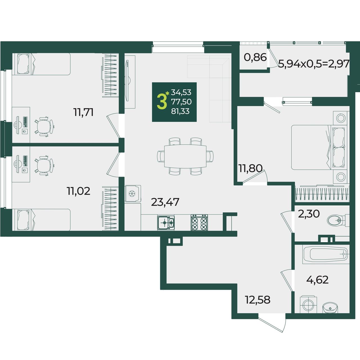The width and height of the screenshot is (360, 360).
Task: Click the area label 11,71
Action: [x=84, y=112]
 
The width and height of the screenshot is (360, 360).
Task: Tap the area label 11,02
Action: [x=78, y=191]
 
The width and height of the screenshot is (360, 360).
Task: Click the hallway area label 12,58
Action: [x=258, y=305]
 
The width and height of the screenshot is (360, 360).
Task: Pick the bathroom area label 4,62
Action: [x=318, y=285]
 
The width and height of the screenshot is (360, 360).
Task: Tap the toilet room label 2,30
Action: [x=309, y=214]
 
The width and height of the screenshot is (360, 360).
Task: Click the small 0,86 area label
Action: [x=255, y=57]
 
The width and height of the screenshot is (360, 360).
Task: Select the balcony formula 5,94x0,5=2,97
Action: [x=314, y=64]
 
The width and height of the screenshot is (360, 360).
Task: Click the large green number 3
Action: [x=162, y=102]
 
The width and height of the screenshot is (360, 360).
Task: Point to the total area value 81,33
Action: [x=180, y=111]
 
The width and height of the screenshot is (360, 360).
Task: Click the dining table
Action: [x=185, y=156]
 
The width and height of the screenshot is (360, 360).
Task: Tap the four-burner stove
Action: [x=199, y=222]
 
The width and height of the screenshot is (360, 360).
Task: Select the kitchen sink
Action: [x=166, y=223]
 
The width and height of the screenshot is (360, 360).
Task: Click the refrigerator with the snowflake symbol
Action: [x=133, y=193]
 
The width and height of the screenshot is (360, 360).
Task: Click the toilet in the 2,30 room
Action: [x=338, y=220]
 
